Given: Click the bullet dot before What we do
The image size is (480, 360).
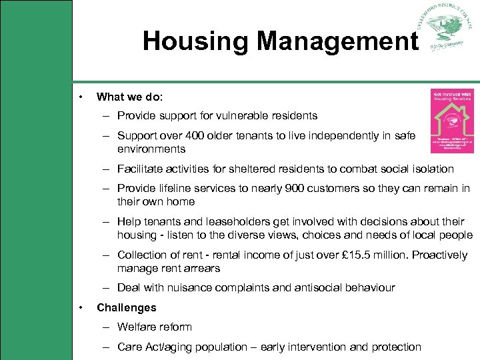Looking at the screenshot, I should point(81,97).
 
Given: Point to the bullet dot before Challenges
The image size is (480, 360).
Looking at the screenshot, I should point(81,307).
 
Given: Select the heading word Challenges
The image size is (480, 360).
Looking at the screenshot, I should point(126,307).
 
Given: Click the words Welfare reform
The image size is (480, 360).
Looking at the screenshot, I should point(154,327).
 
